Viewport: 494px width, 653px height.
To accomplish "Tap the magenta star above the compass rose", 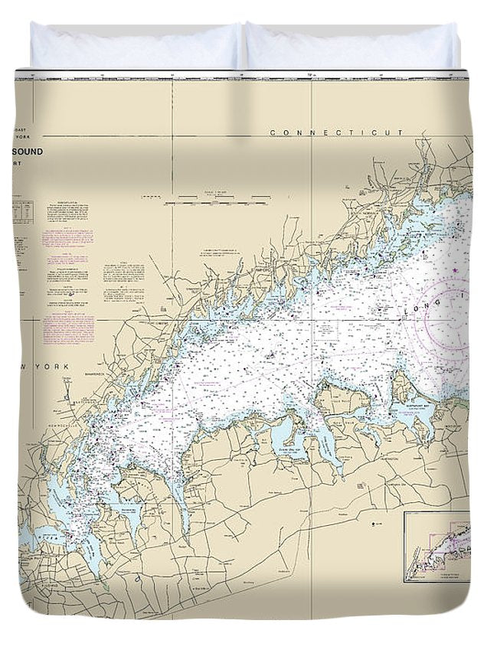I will pos(455,270).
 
